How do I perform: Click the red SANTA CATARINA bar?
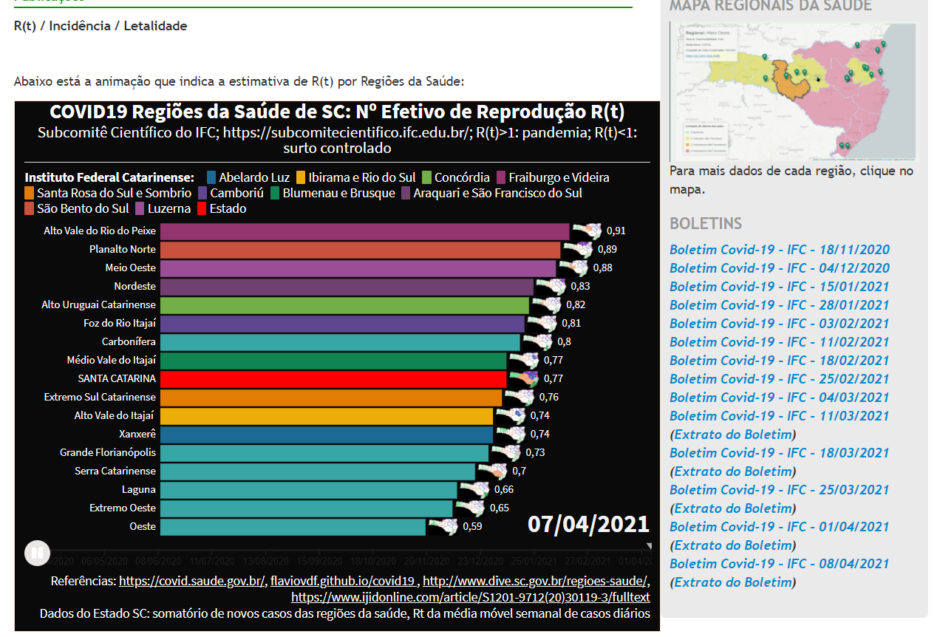[333, 378]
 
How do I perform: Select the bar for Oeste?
[293, 526]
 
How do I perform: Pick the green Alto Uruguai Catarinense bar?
[344, 304]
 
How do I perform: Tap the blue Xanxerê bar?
[326, 434]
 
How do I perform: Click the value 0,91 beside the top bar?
[616, 231]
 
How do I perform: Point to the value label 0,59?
[472, 526]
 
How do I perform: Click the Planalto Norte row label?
[122, 249]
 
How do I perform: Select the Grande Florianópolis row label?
[108, 452]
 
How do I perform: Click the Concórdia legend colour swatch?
[427, 177]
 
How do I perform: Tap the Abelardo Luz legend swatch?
[211, 177]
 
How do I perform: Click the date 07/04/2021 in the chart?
[588, 524]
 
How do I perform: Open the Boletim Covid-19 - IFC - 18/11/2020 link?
[779, 250]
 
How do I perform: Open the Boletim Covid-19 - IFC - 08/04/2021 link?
[779, 564]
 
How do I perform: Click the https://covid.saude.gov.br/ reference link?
[192, 581]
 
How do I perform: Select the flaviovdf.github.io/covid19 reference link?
[344, 581]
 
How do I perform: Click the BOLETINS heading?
[705, 223]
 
